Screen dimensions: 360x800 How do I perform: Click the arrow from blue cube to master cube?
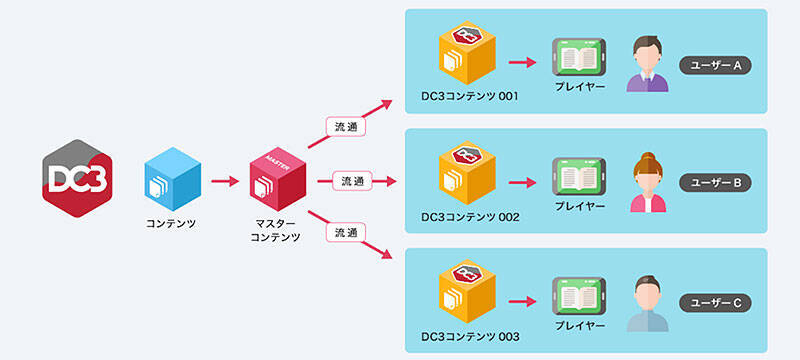[225, 181]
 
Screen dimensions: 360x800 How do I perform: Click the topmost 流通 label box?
[345, 128]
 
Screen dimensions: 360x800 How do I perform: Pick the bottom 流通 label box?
[345, 232]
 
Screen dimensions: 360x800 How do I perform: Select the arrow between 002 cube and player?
[523, 183]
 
